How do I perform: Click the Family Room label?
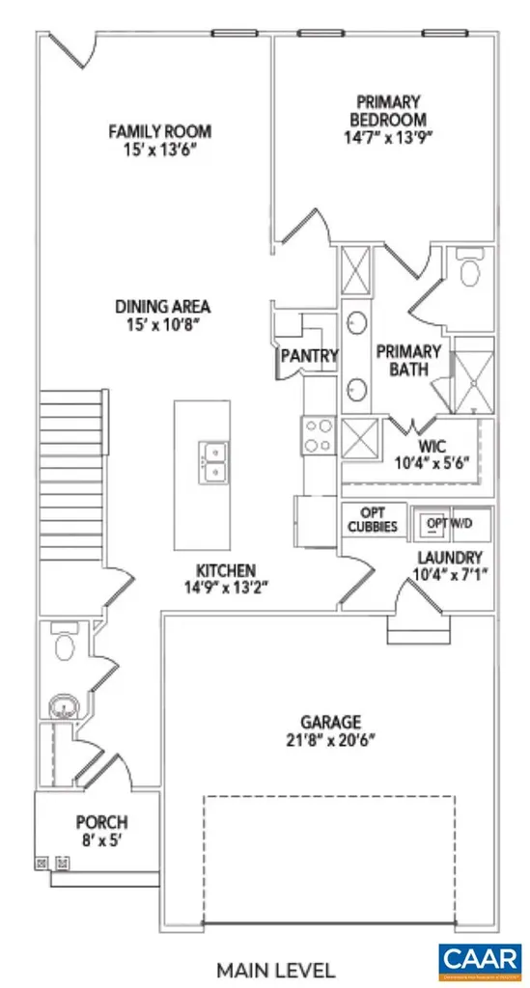pyautogui.click(x=159, y=132)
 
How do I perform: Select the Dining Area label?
pyautogui.click(x=162, y=308)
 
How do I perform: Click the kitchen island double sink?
pyautogui.click(x=213, y=461)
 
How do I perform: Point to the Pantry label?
pyautogui.click(x=308, y=356)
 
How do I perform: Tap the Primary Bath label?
pyautogui.click(x=407, y=360)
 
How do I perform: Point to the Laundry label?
pyautogui.click(x=449, y=558)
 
